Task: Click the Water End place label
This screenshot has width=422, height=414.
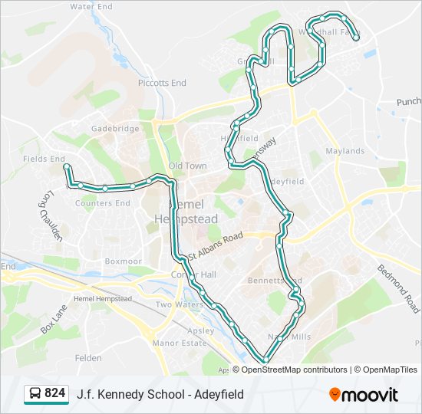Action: (91, 6)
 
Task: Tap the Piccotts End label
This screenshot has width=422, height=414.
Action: (162, 83)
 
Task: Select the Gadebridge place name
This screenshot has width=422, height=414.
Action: (115, 129)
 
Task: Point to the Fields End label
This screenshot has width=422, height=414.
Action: (44, 159)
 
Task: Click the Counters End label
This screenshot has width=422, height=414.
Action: (103, 203)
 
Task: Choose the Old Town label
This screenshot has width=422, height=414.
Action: (187, 166)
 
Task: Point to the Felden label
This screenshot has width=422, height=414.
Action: (88, 358)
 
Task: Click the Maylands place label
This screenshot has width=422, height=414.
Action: (345, 151)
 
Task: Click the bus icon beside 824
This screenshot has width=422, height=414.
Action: (35, 393)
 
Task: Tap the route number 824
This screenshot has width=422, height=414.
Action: (54, 393)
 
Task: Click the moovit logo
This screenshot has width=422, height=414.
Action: (364, 394)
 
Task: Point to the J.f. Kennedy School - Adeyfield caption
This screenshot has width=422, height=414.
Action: (160, 394)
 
